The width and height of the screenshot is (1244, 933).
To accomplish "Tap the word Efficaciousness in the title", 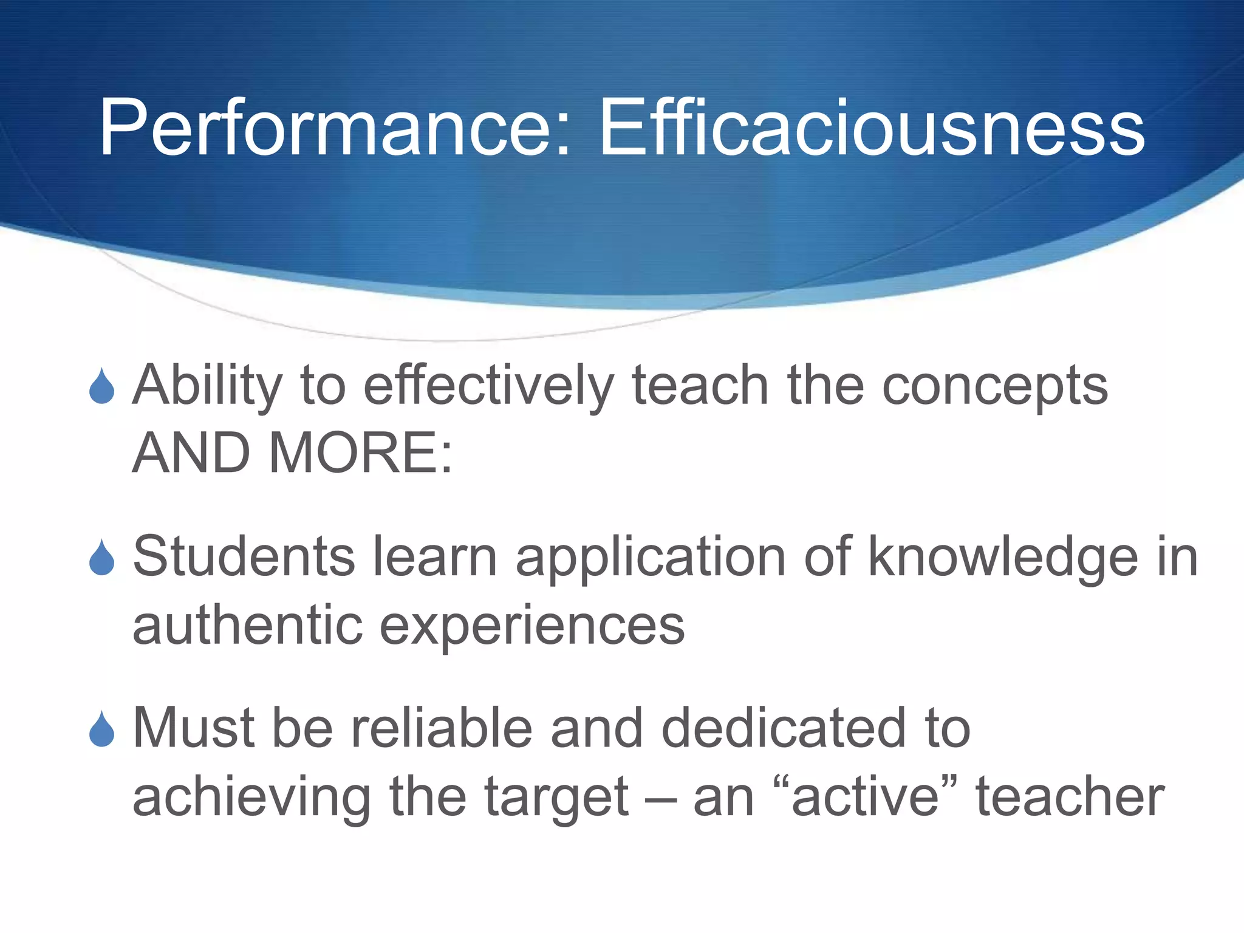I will (872, 129).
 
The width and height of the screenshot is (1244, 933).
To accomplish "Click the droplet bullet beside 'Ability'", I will (101, 386).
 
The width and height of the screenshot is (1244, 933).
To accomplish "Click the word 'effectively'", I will (488, 386).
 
